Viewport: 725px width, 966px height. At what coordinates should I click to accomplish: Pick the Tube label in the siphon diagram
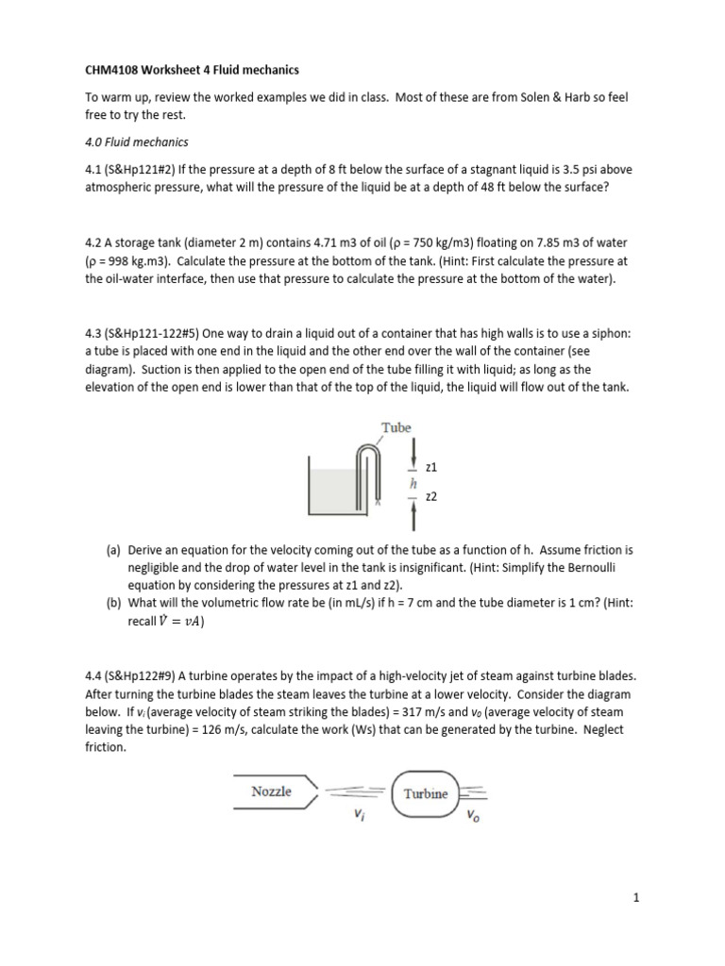[x=396, y=427]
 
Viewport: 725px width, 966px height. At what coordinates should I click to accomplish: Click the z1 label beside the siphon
[x=432, y=467]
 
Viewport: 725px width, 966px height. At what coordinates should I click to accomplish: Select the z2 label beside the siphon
[x=432, y=496]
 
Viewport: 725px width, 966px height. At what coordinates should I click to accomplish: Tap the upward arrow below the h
[x=413, y=512]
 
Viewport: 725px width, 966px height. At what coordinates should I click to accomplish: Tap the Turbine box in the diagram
[x=426, y=793]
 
